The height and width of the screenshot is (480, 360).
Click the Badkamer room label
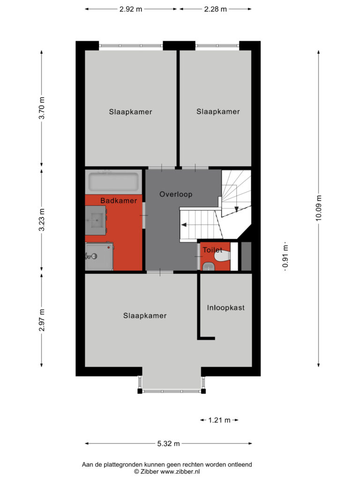pyautogui.click(x=119, y=201)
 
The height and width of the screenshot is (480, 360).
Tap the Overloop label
pyautogui.click(x=176, y=194)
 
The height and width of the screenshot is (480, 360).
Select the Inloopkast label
pyautogui.click(x=225, y=307)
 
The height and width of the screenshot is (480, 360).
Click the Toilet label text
pyautogui.click(x=212, y=250)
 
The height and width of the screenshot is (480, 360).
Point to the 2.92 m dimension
pyautogui.click(x=131, y=9)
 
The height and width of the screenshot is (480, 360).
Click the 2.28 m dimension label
pyautogui.click(x=216, y=9)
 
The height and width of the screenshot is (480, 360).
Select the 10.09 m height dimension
pyautogui.click(x=319, y=208)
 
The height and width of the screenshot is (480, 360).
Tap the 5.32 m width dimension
pyautogui.click(x=168, y=443)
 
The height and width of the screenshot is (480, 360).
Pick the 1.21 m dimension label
pyautogui.click(x=219, y=420)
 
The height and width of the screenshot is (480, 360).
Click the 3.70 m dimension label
pyautogui.click(x=42, y=108)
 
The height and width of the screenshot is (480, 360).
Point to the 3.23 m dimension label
pyautogui.click(x=42, y=220)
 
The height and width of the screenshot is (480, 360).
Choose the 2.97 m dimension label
pyautogui.click(x=42, y=320)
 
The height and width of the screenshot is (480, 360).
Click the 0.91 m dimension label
pyautogui.click(x=285, y=256)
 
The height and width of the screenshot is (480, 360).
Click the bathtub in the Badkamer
pyautogui.click(x=113, y=182)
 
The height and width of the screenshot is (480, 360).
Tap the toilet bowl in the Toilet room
pyautogui.click(x=222, y=255)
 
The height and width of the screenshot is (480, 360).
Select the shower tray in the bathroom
pyautogui.click(x=99, y=256)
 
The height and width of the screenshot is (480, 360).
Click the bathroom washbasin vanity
pyautogui.click(x=96, y=220)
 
